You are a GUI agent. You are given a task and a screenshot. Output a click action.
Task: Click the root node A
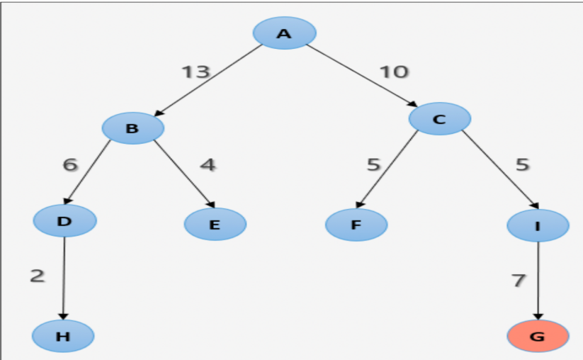284,33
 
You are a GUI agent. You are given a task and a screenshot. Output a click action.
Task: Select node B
132,128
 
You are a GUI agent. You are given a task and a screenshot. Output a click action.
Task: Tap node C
439,118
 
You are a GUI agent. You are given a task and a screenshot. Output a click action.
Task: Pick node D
64,220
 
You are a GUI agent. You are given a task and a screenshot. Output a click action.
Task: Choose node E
215,225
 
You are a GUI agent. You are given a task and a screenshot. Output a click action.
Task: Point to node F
356,225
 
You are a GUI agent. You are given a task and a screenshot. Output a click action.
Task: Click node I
538,226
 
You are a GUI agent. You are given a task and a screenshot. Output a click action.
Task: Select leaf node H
63,336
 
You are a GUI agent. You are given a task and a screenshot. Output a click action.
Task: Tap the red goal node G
538,336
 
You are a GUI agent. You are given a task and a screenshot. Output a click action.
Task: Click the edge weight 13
196,72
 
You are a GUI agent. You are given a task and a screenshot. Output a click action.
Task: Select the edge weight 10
394,72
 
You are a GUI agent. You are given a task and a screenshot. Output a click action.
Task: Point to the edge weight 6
69,164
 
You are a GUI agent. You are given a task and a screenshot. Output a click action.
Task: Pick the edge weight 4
207,164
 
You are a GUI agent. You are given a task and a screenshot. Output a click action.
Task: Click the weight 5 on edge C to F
373,164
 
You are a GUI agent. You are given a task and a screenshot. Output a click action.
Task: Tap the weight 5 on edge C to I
522,164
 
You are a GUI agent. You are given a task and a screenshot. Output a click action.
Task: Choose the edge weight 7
519,281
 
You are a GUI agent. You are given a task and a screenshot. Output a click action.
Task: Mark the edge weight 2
37,276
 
